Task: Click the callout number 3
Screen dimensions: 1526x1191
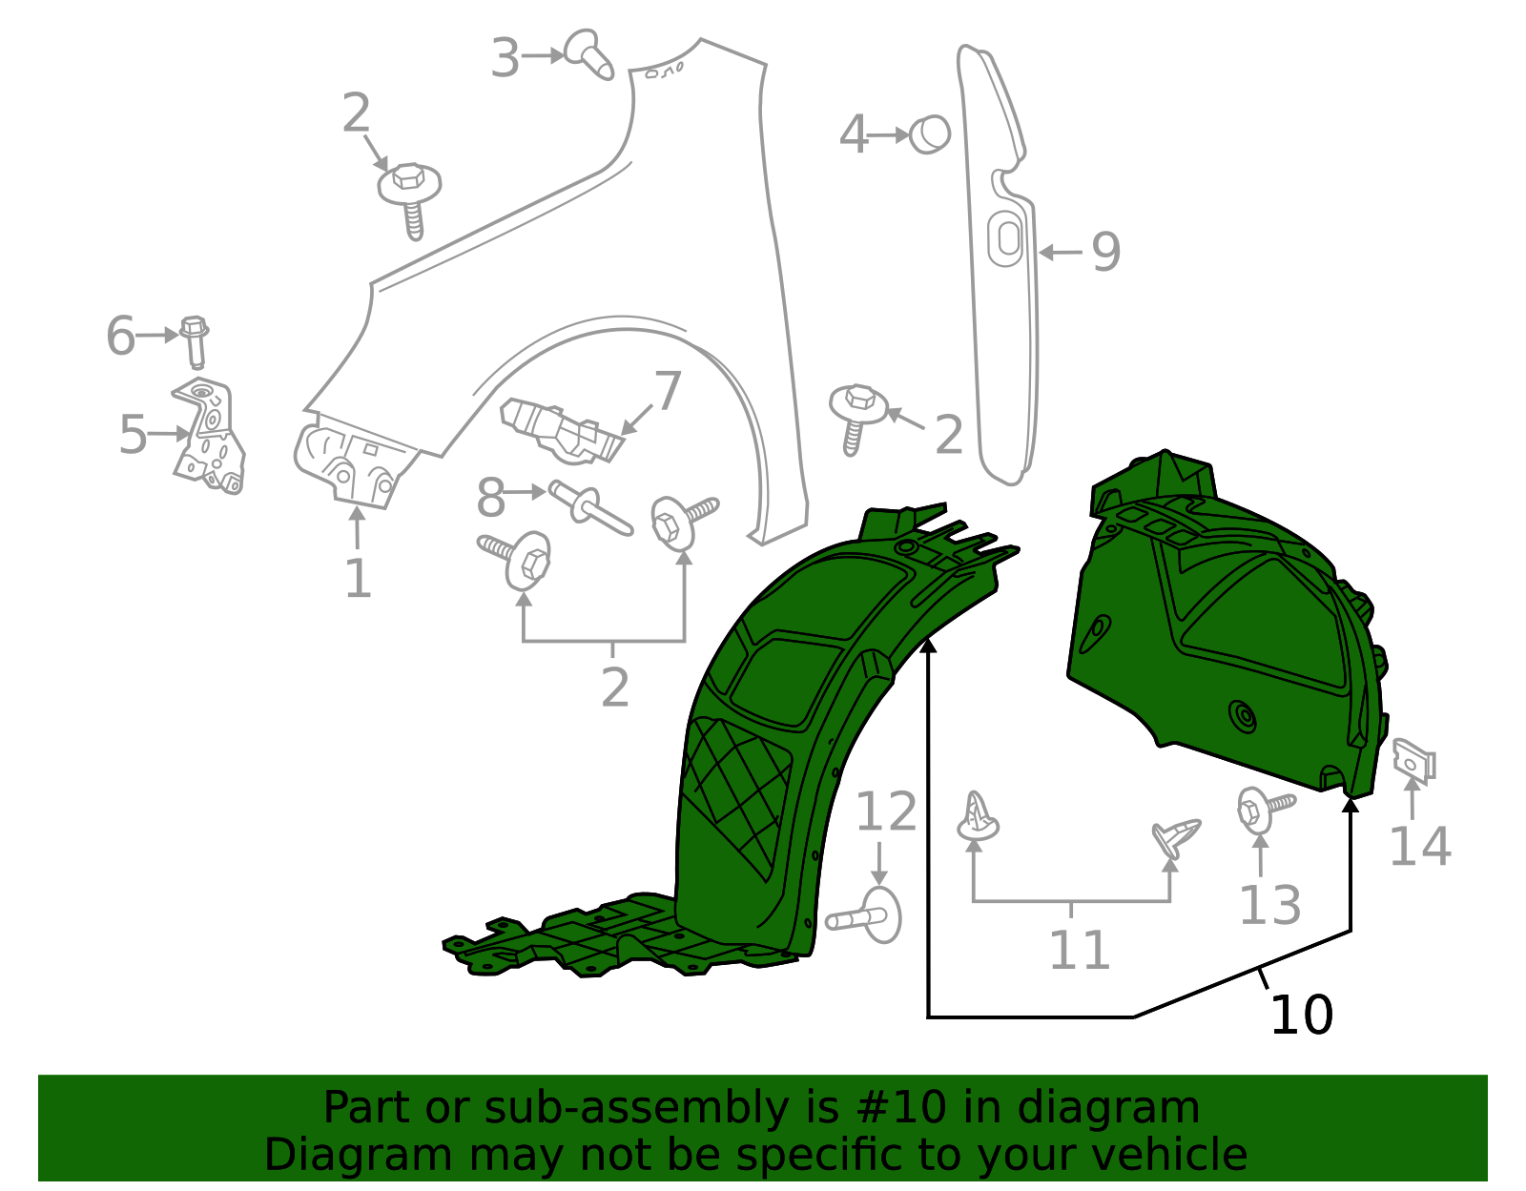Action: [505, 58]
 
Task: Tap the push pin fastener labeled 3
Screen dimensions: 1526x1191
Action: [589, 54]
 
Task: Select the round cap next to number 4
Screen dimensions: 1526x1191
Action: [930, 134]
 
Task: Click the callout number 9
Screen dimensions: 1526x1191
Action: [1106, 252]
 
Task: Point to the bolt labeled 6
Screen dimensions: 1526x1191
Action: [195, 341]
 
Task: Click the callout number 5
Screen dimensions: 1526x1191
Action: [133, 435]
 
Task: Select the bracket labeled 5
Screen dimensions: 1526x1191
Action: [209, 436]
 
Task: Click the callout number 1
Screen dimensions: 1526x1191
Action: [359, 578]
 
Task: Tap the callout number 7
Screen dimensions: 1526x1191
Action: [667, 391]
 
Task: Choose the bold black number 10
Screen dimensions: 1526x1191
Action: [1302, 1015]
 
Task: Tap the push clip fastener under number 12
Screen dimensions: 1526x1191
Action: [864, 915]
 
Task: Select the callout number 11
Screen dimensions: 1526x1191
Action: [1080, 950]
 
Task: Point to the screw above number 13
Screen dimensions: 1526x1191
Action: [1267, 811]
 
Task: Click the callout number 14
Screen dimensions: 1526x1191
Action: [1421, 847]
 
